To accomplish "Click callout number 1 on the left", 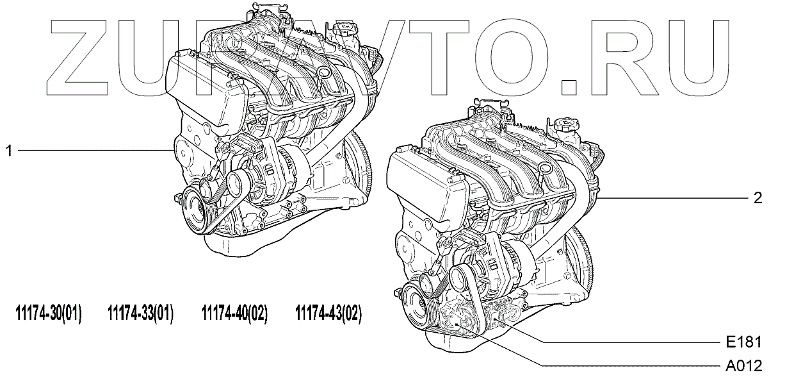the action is tap(9, 151).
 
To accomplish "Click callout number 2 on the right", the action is tap(758, 198).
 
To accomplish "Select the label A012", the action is tap(745, 366).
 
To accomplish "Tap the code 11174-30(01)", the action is tap(48, 314).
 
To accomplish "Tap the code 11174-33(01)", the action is tap(141, 314).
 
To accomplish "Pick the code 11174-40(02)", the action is tap(234, 314).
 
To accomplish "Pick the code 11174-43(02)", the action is tap(328, 314).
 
